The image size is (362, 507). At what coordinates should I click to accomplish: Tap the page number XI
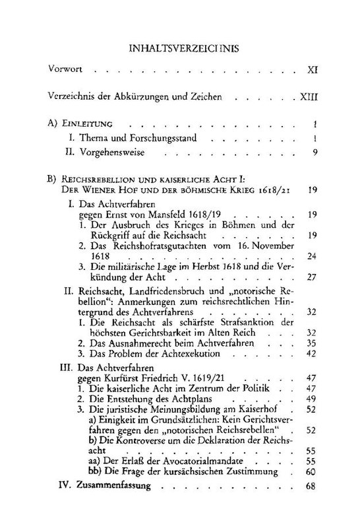click(313, 69)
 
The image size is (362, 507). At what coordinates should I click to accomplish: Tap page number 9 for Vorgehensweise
click(316, 153)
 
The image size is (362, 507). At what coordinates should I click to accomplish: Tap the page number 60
click(313, 473)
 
